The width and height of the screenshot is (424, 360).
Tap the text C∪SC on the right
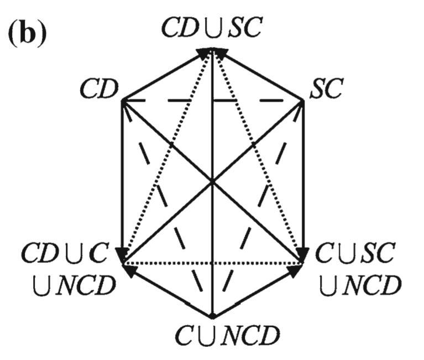[x=355, y=254]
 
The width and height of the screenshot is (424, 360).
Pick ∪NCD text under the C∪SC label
[x=359, y=285]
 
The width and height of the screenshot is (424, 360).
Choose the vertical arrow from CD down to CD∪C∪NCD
[x=121, y=177]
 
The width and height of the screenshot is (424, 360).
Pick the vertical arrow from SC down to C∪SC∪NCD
[x=303, y=177]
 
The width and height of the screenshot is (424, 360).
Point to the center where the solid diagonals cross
[x=212, y=181]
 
